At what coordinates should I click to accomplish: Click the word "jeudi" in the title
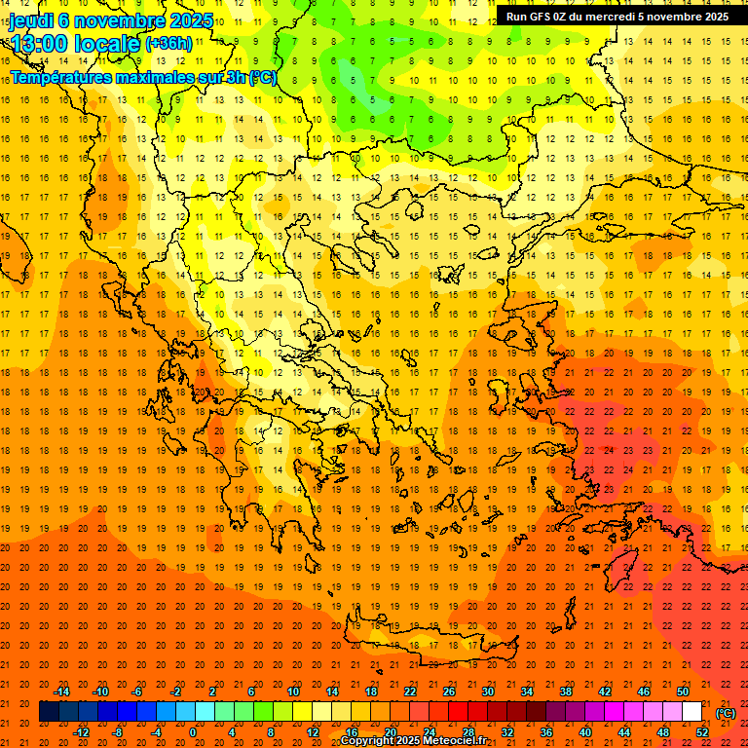(x=31, y=19)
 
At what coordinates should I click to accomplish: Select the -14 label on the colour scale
(x=62, y=692)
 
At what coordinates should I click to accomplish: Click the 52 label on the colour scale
(x=702, y=732)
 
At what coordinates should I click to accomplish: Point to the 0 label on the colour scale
(x=192, y=732)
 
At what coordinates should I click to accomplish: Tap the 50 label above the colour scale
(x=683, y=692)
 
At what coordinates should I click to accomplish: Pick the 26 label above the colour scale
(x=449, y=692)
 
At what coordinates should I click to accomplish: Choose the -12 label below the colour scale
(x=82, y=732)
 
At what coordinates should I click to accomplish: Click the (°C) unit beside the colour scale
(x=726, y=712)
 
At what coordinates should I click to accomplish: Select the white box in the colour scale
(x=692, y=712)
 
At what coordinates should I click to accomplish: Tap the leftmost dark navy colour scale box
(x=49, y=712)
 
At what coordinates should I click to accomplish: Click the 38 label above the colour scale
(x=566, y=692)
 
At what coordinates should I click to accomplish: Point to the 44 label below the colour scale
(x=624, y=732)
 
